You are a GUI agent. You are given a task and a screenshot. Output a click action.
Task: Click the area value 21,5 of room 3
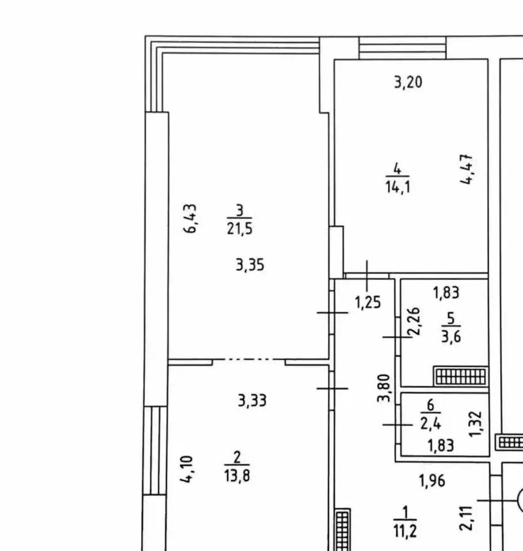[240, 229]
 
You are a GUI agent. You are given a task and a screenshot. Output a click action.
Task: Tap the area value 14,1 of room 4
[397, 187]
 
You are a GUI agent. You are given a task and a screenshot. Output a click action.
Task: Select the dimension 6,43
[190, 218]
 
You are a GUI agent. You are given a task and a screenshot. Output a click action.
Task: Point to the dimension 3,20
[408, 82]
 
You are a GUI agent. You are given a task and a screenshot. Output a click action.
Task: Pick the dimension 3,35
[250, 265]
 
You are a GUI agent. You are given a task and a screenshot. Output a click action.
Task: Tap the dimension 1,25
[367, 302]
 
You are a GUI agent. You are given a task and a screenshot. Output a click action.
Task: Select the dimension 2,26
[414, 322]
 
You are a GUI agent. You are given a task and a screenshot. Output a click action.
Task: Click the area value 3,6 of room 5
[451, 337]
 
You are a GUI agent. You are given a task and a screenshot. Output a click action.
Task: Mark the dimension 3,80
[384, 388]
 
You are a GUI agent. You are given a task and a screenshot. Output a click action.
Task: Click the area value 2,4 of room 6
[431, 424]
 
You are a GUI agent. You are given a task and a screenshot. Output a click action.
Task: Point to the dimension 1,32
[475, 424]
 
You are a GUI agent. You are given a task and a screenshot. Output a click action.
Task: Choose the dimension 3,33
[252, 400]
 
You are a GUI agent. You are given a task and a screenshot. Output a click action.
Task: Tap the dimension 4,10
[187, 469]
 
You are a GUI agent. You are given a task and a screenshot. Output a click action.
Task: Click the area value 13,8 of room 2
[237, 476]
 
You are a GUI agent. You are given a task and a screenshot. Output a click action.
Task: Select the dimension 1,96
[433, 481]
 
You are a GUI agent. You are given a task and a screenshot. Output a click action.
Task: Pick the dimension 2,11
[467, 518]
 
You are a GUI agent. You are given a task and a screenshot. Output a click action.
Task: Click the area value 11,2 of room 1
[405, 531]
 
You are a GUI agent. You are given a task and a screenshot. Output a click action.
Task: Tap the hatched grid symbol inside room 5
[461, 376]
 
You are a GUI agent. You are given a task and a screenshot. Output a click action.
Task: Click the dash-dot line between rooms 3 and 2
[248, 359]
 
